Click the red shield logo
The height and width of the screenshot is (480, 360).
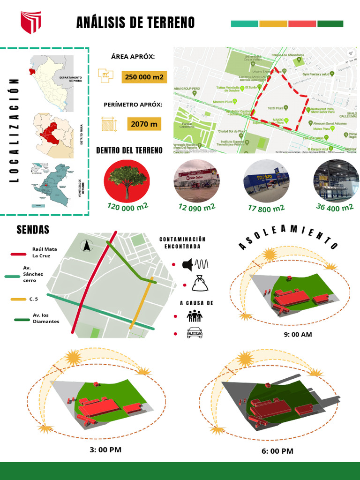[x=30, y=22]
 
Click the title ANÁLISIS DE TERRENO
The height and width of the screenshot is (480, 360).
[x=135, y=22]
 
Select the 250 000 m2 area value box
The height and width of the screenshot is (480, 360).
[x=144, y=77]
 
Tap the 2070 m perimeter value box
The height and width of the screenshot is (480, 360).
[x=144, y=124]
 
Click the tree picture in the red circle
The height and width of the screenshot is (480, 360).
[x=127, y=180]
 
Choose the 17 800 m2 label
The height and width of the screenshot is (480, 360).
[x=266, y=208]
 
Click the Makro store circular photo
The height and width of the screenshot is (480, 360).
[x=266, y=181]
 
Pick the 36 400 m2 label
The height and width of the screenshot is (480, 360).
[x=335, y=207]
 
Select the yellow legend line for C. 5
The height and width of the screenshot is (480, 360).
[x=18, y=299]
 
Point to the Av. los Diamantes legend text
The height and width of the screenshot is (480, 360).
[x=46, y=318]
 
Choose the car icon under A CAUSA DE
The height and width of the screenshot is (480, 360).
[x=195, y=333]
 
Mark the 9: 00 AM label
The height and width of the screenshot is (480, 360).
[x=298, y=335]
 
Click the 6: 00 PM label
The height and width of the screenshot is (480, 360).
[x=277, y=451]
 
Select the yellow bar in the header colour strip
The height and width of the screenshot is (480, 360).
[x=273, y=24]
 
